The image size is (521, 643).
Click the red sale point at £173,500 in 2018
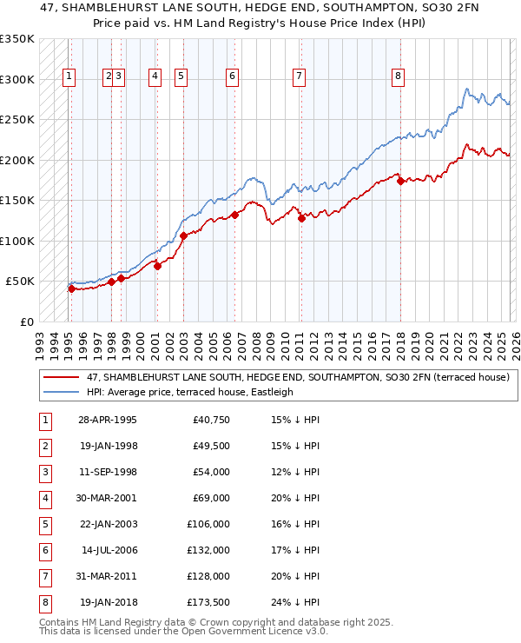(x=399, y=181)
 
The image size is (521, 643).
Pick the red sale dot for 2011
(x=301, y=218)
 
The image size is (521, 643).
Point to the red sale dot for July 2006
(x=234, y=215)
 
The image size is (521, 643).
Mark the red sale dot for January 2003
(x=183, y=235)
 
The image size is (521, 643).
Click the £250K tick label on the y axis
(x=17, y=120)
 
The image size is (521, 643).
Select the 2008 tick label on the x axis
(x=255, y=341)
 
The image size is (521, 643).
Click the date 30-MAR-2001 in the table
(x=107, y=498)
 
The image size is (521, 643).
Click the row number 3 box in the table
(x=43, y=472)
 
